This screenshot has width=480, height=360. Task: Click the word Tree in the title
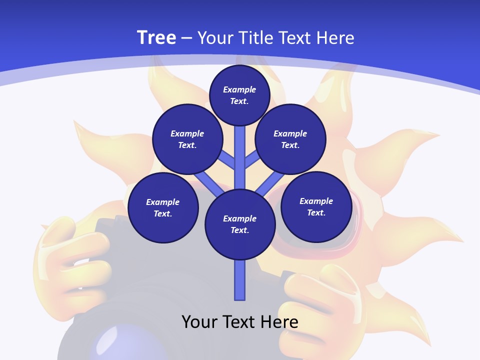(x=156, y=38)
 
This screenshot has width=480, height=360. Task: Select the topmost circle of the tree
(x=239, y=95)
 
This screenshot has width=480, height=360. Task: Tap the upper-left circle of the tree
(x=187, y=139)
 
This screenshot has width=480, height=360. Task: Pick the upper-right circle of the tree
(x=290, y=139)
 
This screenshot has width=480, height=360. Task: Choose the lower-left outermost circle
(x=162, y=207)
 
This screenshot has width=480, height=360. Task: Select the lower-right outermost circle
(x=316, y=206)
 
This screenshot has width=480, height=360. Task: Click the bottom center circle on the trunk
(x=240, y=224)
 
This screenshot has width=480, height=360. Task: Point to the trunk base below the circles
(x=240, y=280)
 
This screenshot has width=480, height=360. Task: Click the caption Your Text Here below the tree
(x=240, y=322)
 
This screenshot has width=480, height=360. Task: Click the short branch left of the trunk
(x=227, y=159)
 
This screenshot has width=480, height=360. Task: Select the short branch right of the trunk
(x=252, y=159)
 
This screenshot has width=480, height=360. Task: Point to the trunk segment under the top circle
(x=240, y=150)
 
